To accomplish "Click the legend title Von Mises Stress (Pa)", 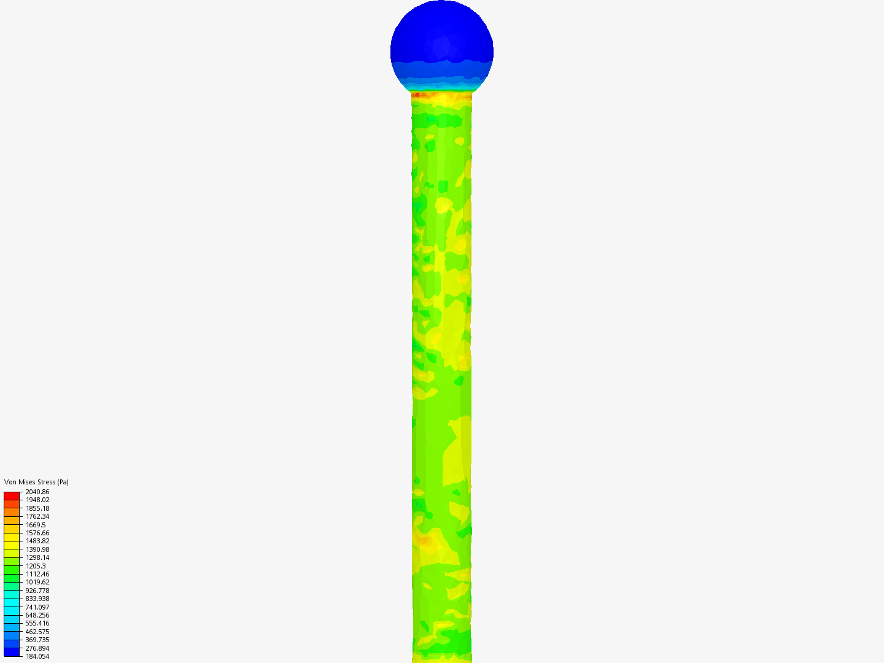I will coord(36,482).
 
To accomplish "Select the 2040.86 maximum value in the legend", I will coord(37,492).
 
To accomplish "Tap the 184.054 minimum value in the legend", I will coord(37,656).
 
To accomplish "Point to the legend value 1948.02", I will coord(37,500).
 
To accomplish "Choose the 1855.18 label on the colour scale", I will coord(37,508).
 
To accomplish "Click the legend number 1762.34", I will coord(37,516).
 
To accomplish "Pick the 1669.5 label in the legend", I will coord(36,525).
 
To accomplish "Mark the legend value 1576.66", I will coord(37,533).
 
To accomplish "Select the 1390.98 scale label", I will coord(37,549).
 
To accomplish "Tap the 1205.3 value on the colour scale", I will coord(36,566).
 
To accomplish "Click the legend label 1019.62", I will coord(37,582).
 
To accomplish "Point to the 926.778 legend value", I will coord(37,591).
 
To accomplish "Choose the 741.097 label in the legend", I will coord(37,607).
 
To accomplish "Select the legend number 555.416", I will coord(37,623).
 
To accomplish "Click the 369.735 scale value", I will coord(37,640).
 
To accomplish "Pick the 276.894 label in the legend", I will coord(37,648).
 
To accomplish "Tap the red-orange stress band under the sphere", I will coord(442,95).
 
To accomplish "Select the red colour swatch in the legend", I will coord(12,495).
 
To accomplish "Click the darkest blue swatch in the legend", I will coord(12,652).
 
